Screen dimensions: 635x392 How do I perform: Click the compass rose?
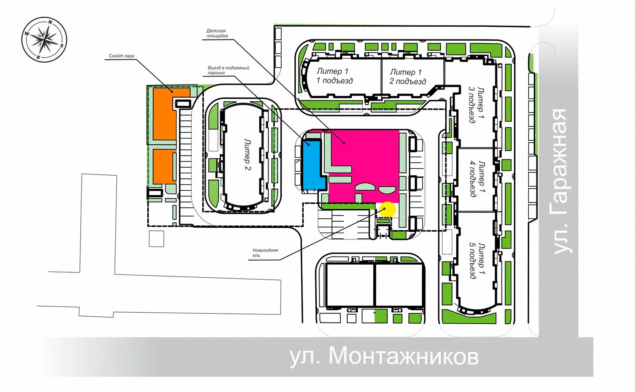(x=44, y=39)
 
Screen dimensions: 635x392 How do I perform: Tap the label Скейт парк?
(x=122, y=56)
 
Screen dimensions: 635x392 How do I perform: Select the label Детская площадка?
(x=217, y=33)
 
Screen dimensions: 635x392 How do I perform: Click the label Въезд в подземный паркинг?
(x=228, y=70)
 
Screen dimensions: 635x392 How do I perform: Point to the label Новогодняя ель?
(x=265, y=253)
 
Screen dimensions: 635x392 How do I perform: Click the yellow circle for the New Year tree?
(x=388, y=209)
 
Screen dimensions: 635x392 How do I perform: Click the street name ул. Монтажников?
(x=384, y=357)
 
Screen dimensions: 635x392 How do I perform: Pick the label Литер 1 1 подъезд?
(x=335, y=76)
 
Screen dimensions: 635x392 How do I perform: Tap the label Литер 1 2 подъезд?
(x=407, y=77)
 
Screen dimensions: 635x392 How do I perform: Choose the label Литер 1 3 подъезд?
(x=477, y=105)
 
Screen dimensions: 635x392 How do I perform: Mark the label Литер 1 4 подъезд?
(x=477, y=179)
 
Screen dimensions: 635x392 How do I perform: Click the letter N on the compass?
(x=50, y=22)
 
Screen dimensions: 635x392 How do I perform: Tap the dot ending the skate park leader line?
(x=172, y=92)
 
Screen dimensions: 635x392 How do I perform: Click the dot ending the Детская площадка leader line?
(x=344, y=143)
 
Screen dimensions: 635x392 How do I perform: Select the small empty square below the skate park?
(x=156, y=239)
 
